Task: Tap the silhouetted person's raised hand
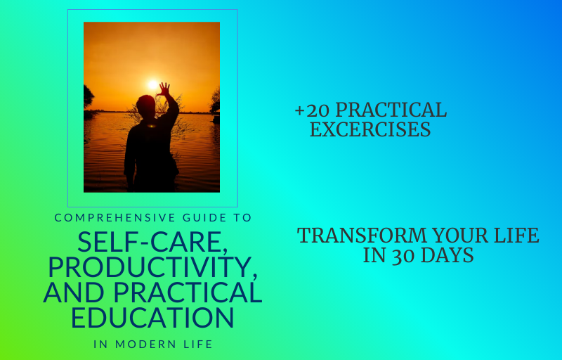tap(164, 89)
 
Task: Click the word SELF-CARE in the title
tap(152, 243)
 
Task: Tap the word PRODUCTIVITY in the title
tap(152, 268)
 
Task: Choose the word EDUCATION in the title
tap(152, 317)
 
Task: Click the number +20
tap(312, 110)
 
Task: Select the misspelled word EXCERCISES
tap(370, 130)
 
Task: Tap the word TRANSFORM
tap(358, 236)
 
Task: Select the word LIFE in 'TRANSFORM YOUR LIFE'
tap(517, 236)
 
